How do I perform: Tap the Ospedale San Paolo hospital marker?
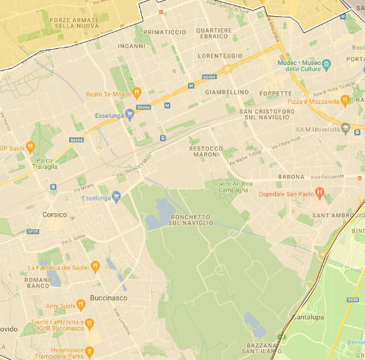point(319,194)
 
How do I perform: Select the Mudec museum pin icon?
point(327,66)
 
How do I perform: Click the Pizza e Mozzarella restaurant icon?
point(345,101)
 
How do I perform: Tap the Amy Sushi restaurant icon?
point(80,305)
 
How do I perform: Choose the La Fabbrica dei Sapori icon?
point(95,267)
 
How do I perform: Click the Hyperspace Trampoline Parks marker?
point(90,351)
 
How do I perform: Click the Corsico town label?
point(54,215)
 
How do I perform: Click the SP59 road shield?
point(32,232)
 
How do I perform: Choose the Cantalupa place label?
point(307,316)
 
